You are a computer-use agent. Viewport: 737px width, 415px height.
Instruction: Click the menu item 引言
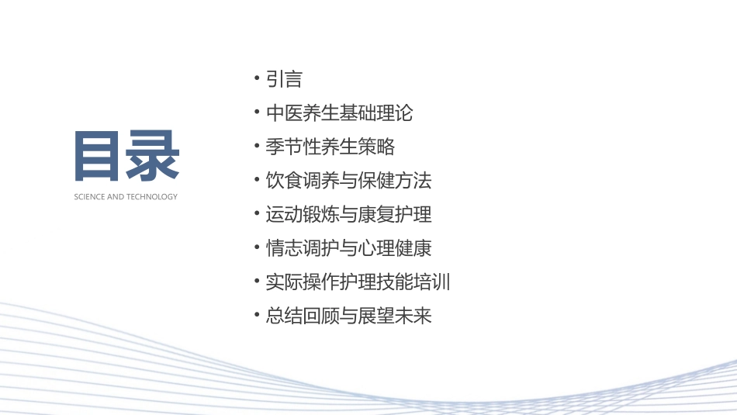[x=284, y=79]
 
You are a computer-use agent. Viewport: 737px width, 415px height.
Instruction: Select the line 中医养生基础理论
[x=339, y=113]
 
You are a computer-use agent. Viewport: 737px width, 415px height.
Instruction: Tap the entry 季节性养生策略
[x=330, y=147]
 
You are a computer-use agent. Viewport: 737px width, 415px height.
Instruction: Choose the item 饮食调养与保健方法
[x=348, y=181]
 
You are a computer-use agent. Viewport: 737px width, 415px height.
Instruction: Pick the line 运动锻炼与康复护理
[x=348, y=214]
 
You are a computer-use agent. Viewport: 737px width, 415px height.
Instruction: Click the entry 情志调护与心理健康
[x=348, y=248]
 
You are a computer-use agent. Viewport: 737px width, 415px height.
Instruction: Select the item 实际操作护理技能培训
[x=358, y=282]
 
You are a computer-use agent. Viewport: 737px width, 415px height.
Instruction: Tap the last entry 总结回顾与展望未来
[x=348, y=316]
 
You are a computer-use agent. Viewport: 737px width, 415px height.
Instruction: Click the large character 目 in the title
[x=99, y=156]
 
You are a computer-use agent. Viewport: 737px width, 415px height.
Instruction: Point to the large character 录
[x=154, y=156]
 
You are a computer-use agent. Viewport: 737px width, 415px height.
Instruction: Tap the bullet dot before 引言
[x=257, y=79]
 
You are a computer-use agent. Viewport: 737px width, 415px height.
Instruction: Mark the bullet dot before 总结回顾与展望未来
[x=257, y=316]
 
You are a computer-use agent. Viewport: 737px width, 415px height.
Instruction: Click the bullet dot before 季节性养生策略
[x=257, y=147]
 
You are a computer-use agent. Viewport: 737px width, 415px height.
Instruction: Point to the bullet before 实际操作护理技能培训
[x=257, y=282]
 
